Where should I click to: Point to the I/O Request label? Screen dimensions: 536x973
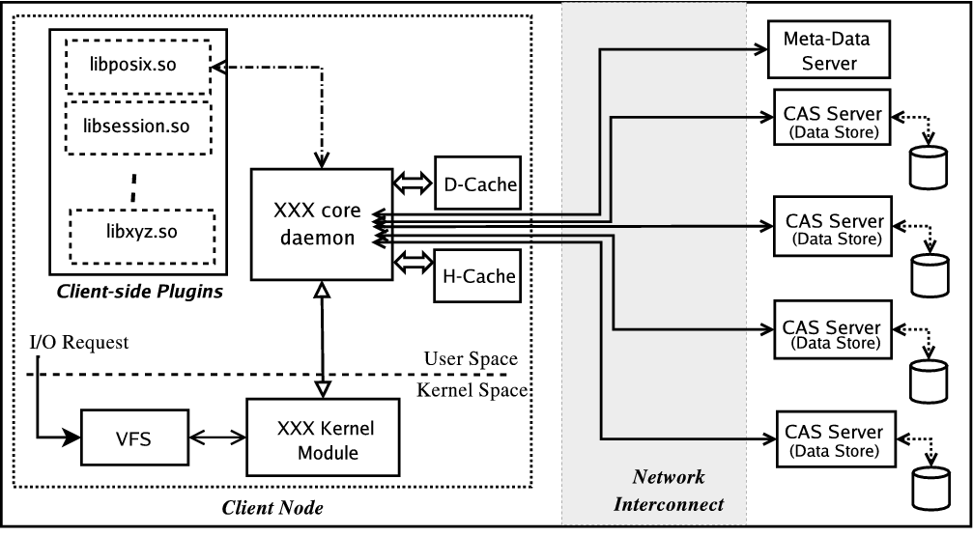click(79, 343)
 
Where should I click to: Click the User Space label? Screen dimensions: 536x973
click(471, 359)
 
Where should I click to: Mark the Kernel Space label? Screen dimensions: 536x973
click(472, 390)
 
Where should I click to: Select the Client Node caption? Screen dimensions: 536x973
click(272, 507)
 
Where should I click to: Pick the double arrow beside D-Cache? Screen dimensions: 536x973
click(413, 182)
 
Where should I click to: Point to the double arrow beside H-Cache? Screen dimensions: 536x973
click(413, 261)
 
